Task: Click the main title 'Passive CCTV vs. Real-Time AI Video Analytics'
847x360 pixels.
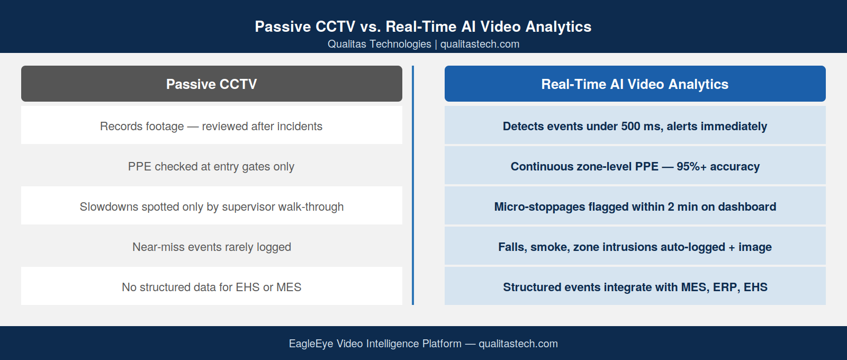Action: tap(423, 26)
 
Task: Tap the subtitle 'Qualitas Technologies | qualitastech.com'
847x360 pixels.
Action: tap(424, 44)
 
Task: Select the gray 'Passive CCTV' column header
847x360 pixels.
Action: tap(212, 84)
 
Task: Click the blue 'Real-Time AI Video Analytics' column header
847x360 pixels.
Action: tap(635, 84)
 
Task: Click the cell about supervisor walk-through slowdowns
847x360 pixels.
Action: tap(212, 206)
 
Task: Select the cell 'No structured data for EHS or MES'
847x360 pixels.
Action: tap(212, 286)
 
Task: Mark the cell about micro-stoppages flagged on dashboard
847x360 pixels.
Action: tap(635, 206)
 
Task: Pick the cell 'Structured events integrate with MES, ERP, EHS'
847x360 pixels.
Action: tap(635, 286)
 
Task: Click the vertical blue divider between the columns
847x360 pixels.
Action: tap(413, 185)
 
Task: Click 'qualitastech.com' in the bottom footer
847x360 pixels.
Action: tap(518, 344)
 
